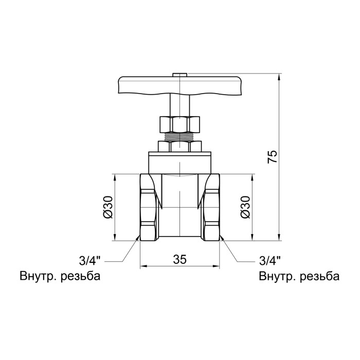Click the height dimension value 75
(273, 157)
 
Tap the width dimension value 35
(180, 259)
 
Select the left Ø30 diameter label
(108, 207)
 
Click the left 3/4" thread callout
(90, 261)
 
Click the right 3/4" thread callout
(270, 261)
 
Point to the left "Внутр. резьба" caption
(60, 276)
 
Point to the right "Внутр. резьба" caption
(299, 276)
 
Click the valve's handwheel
(180, 85)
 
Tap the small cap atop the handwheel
(180, 75)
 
